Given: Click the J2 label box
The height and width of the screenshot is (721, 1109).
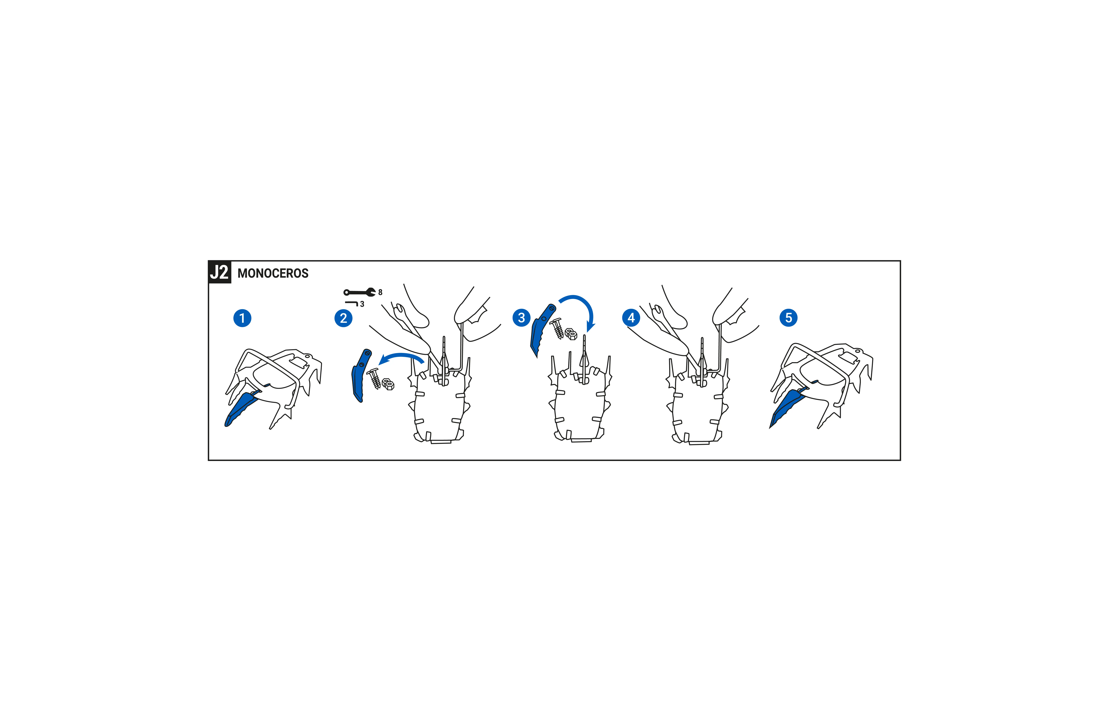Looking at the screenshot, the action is tap(219, 272).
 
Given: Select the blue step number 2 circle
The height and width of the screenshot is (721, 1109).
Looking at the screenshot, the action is tap(343, 318).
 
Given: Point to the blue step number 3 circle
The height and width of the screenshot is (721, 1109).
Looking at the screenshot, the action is tap(521, 318).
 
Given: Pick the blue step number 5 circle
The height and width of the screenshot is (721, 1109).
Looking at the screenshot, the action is tap(788, 318).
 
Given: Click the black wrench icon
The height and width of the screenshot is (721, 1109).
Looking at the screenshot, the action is tap(359, 292).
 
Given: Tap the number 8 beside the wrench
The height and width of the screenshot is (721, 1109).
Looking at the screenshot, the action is tap(380, 292).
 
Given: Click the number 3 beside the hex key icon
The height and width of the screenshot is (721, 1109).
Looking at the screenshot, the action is tap(362, 304).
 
